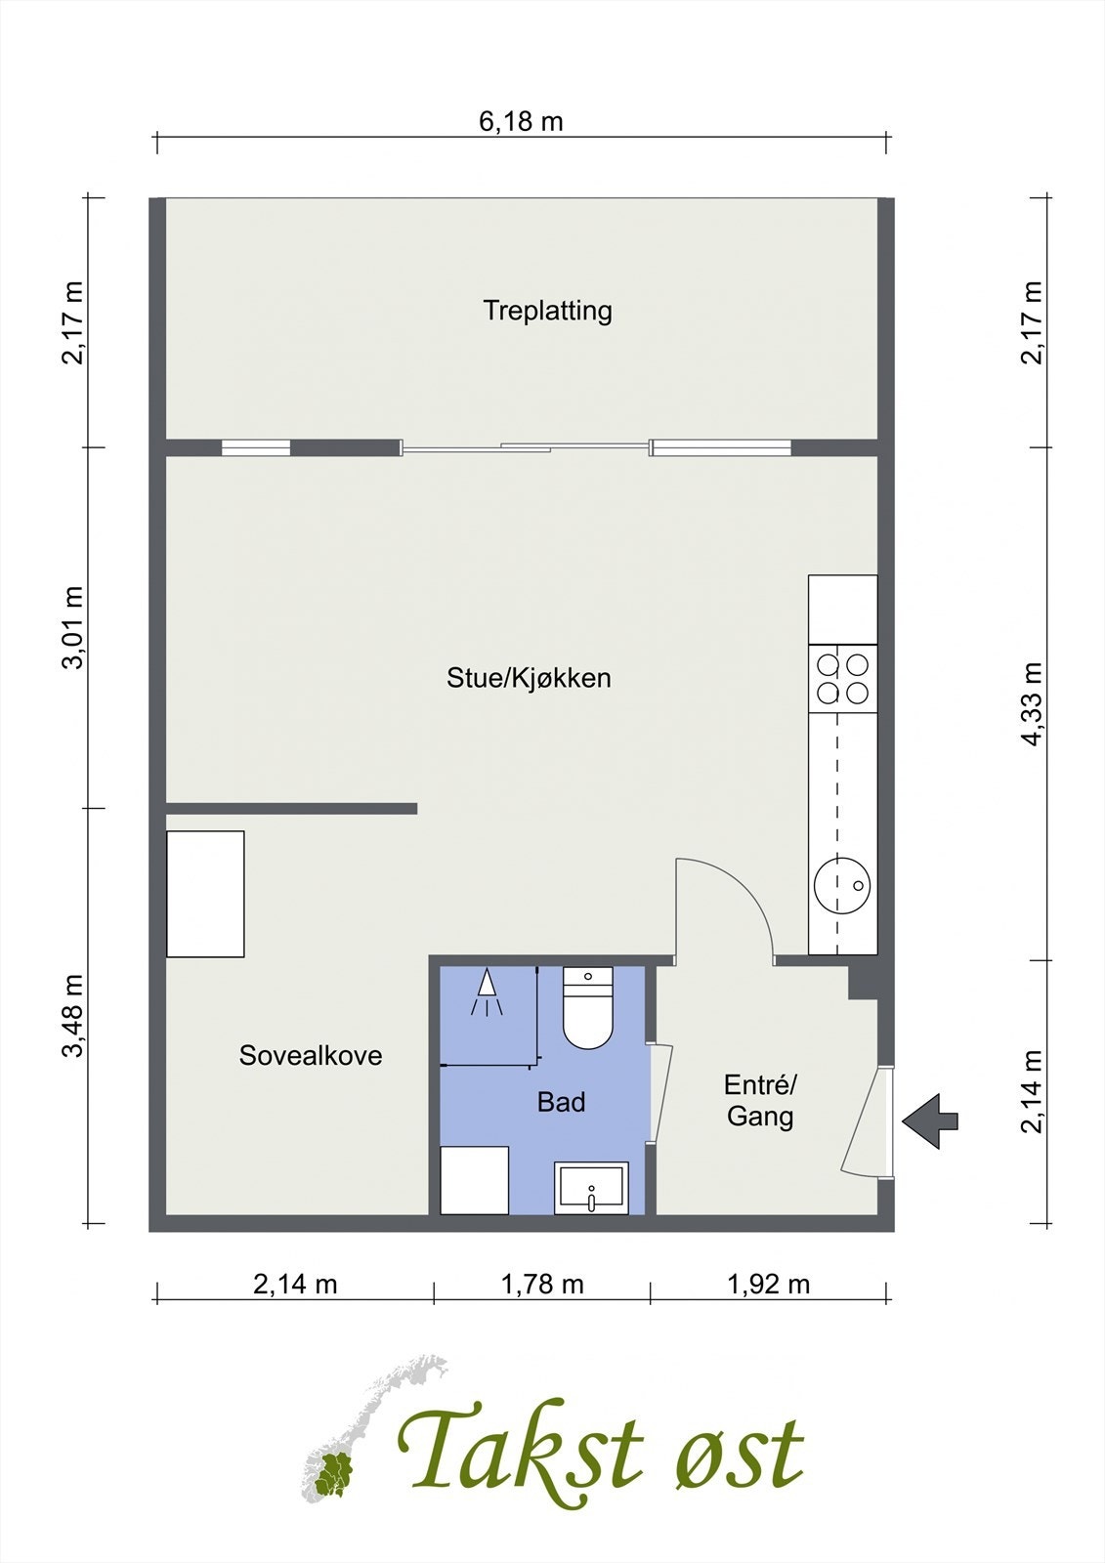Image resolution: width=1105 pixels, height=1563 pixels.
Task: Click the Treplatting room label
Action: [x=547, y=311]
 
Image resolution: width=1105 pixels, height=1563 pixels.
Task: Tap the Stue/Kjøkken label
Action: [x=529, y=678]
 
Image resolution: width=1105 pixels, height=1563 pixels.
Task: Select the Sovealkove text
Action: [x=311, y=1055]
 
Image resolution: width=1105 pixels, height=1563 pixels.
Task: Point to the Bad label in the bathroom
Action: [x=561, y=1102]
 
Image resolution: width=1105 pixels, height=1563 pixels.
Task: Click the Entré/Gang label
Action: [x=760, y=1100]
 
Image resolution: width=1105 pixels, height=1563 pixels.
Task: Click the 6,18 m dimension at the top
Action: [x=521, y=121]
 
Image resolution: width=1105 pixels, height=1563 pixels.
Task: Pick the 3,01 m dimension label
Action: [x=72, y=627]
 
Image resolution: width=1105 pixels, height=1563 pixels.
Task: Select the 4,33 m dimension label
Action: [x=1031, y=704]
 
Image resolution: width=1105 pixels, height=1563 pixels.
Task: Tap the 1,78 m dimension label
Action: [x=542, y=1284]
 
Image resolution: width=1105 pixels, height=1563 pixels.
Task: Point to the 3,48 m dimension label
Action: [x=72, y=1015]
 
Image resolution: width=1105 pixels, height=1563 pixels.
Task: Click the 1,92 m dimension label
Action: [x=769, y=1284]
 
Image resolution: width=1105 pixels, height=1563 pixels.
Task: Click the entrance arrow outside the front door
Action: [x=930, y=1121]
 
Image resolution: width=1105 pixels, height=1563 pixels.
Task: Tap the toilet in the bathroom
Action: [x=588, y=1007]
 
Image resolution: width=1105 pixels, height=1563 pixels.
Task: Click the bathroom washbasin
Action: [x=591, y=1188]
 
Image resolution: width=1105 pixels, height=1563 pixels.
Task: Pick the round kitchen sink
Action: [x=842, y=885]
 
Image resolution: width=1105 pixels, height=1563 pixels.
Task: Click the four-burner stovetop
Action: [x=842, y=678]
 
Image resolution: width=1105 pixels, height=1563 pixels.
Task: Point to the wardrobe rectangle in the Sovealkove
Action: [x=205, y=894]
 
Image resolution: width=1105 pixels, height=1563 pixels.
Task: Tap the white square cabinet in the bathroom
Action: [x=474, y=1180]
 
